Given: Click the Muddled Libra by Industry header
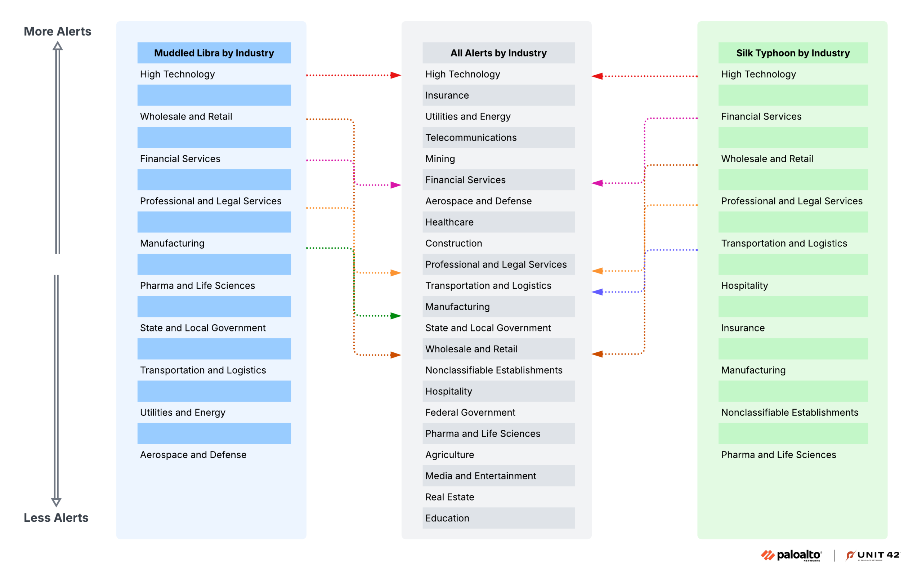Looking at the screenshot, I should [x=214, y=53].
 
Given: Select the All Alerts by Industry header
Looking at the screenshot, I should [x=498, y=53].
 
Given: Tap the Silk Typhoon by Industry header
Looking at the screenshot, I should [x=793, y=53].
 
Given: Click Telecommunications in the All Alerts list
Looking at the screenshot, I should [x=471, y=138].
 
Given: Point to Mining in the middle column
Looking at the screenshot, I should [x=440, y=159].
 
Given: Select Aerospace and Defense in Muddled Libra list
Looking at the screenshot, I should [x=193, y=455].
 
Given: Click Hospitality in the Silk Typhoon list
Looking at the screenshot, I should [x=744, y=286].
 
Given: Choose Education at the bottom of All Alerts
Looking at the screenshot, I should [x=447, y=518].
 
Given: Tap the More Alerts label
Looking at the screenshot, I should [x=57, y=31].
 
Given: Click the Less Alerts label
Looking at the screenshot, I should [x=56, y=518].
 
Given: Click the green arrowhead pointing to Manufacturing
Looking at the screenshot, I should [x=395, y=316].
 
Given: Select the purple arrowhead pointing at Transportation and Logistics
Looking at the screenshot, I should [x=597, y=292].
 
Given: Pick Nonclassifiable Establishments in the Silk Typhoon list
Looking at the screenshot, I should [x=789, y=413].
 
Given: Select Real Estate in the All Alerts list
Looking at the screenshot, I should [x=449, y=497].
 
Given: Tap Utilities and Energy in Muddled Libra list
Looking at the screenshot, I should [x=182, y=413].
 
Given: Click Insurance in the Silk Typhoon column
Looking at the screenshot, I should [x=742, y=328].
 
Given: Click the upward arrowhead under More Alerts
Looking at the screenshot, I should [x=57, y=46].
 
